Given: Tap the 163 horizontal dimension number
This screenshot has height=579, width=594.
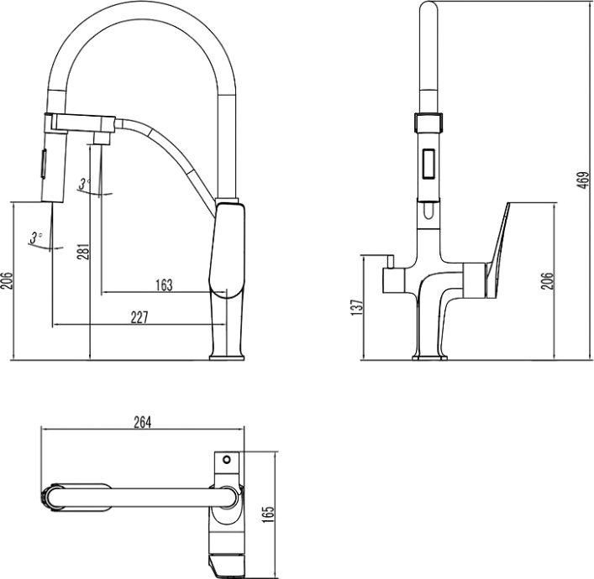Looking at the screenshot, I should pos(164,285).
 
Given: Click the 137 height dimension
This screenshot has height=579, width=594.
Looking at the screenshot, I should pos(355,308).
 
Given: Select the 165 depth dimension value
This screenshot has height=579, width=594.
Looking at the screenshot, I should pos(268,513).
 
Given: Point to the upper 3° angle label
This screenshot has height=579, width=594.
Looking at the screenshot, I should pos(83,184).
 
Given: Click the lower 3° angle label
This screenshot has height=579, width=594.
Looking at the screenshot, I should pos(34,237).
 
